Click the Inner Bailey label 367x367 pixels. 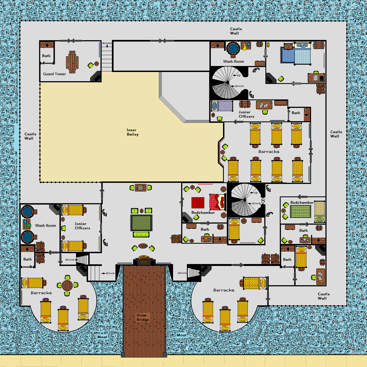tap(133, 132)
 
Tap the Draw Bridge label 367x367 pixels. tap(143, 317)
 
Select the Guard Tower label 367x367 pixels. tap(54, 74)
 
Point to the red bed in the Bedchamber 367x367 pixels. tap(218, 202)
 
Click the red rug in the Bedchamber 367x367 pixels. tap(198, 203)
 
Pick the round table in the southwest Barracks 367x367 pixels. tap(67, 285)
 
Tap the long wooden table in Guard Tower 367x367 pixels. tap(72, 62)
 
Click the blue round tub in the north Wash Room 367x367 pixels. tap(233, 49)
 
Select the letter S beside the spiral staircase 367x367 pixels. tap(263, 200)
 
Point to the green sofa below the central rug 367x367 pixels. tap(141, 234)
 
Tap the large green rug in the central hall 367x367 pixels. tap(141, 223)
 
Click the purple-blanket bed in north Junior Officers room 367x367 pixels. tap(222, 106)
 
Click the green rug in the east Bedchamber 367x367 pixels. tap(300, 211)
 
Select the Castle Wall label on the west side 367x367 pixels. tap(30, 136)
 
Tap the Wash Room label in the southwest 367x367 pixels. tap(46, 225)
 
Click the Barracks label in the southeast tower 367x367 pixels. tap(224, 290)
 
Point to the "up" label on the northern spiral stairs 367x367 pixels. tap(239, 76)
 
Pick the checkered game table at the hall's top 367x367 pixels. tap(140, 188)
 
